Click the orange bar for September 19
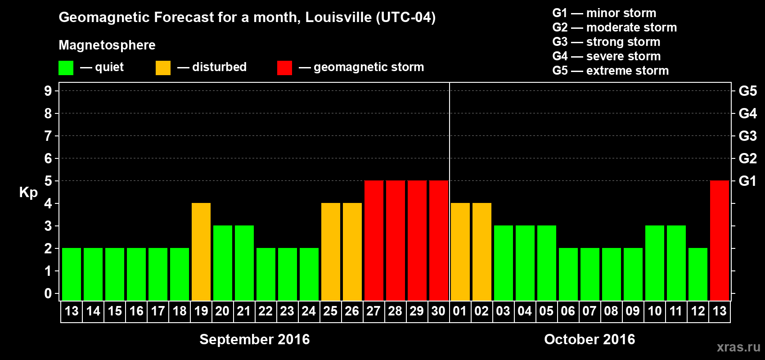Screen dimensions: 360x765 point(201,252)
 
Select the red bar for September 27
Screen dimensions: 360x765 point(374,240)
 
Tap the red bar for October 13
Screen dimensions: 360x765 point(720,240)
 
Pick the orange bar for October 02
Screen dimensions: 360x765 point(482,252)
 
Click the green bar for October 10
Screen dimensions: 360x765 point(655,263)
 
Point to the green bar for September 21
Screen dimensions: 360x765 point(244,263)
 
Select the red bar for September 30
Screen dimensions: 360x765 point(439,240)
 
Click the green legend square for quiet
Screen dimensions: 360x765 point(66,68)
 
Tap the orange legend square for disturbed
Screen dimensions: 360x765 point(163,68)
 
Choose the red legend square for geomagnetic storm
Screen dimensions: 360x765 point(284,68)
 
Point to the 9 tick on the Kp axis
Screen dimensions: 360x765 point(48,91)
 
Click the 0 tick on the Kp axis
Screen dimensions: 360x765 point(48,293)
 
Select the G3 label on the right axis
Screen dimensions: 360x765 point(747,136)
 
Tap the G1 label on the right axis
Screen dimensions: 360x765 point(747,181)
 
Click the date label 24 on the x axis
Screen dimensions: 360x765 point(309,311)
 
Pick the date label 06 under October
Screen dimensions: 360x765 point(568,311)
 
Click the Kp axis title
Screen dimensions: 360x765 point(28,193)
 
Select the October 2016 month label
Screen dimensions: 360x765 point(589,339)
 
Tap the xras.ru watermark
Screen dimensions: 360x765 point(738,346)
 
